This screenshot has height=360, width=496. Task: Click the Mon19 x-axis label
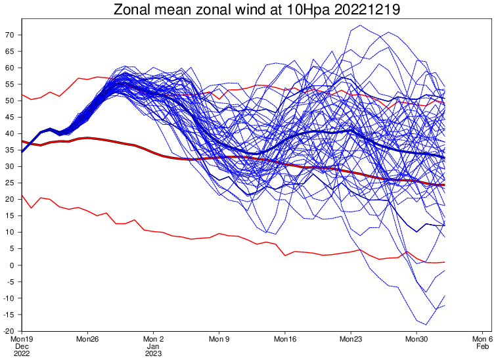(22, 339)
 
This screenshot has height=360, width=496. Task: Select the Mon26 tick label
(87, 339)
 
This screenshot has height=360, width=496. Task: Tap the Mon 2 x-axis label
(153, 339)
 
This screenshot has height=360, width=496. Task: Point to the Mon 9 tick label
(219, 339)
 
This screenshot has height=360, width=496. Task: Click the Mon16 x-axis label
(284, 339)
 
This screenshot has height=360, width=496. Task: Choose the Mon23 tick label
(350, 339)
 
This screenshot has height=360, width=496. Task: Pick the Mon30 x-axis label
(416, 339)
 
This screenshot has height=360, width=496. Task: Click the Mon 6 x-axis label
(482, 339)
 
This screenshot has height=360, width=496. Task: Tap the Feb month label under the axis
(482, 346)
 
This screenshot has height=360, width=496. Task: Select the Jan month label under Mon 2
(153, 346)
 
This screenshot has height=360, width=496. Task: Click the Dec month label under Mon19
(22, 346)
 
